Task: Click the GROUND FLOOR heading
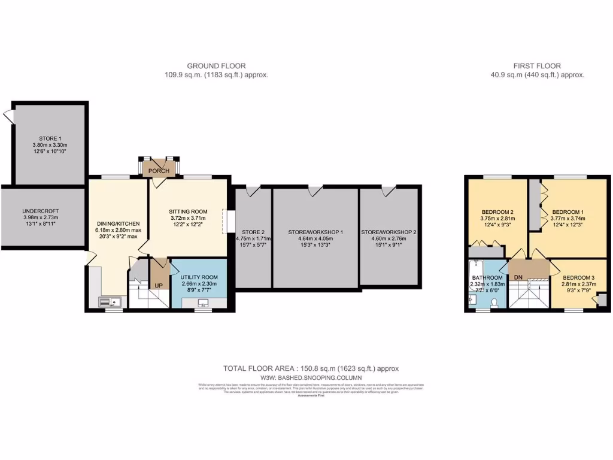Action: coord(216,66)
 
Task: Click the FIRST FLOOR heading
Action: coord(537,66)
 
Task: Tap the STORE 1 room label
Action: coord(50,138)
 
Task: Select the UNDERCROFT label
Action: coord(40,211)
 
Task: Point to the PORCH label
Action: coord(159,171)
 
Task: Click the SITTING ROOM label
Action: coord(188,211)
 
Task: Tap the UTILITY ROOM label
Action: coord(199,277)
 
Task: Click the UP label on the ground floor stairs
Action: coord(159,285)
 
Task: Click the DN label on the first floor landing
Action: coord(518,277)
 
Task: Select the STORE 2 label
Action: coord(252,232)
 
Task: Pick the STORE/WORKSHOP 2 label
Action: coord(389,232)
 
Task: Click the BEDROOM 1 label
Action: coord(568,212)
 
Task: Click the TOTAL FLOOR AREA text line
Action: coord(311,369)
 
